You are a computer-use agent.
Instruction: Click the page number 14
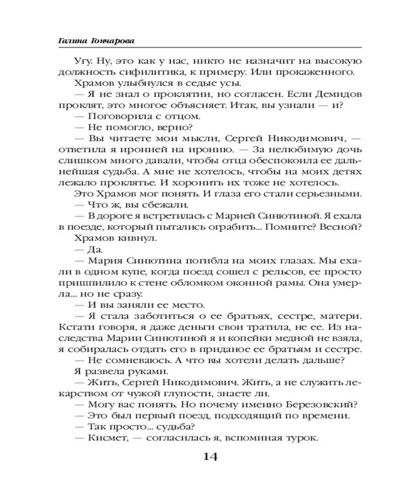[x=210, y=457]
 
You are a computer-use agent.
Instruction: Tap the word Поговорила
[x=116, y=117]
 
